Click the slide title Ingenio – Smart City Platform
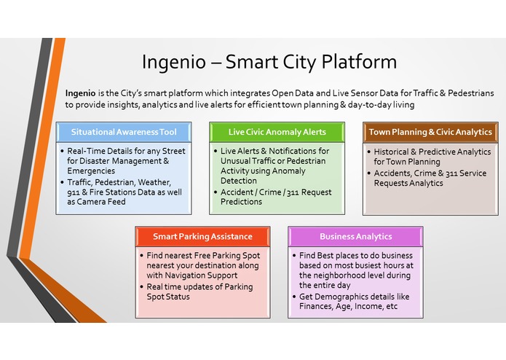pos(269,62)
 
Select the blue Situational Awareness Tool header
pos(124,132)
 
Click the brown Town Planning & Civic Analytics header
pos(430,132)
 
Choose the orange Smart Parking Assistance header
pos(202,236)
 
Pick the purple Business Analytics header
pos(355,236)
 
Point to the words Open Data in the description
pos(296,94)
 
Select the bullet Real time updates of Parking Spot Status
pos(197,291)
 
